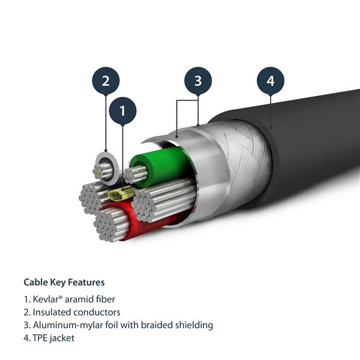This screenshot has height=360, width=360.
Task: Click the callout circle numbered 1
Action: [122, 110]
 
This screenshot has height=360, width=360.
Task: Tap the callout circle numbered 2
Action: [106, 81]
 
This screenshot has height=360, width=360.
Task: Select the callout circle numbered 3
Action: [198, 81]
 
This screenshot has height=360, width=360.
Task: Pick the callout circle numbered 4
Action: [270, 81]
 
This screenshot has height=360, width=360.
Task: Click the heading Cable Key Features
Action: [64, 282]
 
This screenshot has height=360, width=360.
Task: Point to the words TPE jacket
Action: [53, 338]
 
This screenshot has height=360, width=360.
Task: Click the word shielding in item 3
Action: [191, 325]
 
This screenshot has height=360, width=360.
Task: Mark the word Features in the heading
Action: [86, 282]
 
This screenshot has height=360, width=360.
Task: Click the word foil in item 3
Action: [103, 325]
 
